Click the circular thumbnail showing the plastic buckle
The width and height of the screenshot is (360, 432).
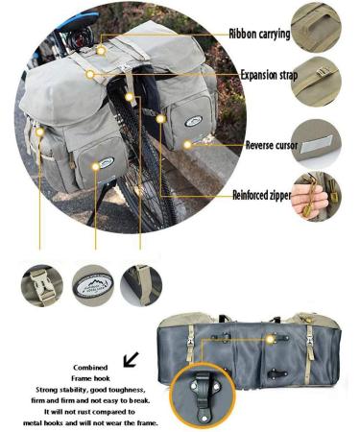[x=41, y=285]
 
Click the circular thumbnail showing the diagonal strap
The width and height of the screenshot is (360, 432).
[x=141, y=285]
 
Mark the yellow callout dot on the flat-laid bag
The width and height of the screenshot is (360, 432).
[x=273, y=339]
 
